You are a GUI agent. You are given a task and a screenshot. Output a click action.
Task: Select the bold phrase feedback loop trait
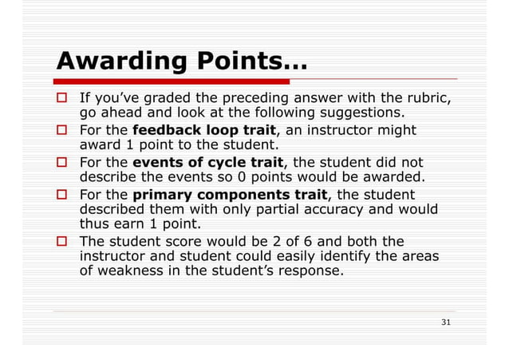tap(203, 129)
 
